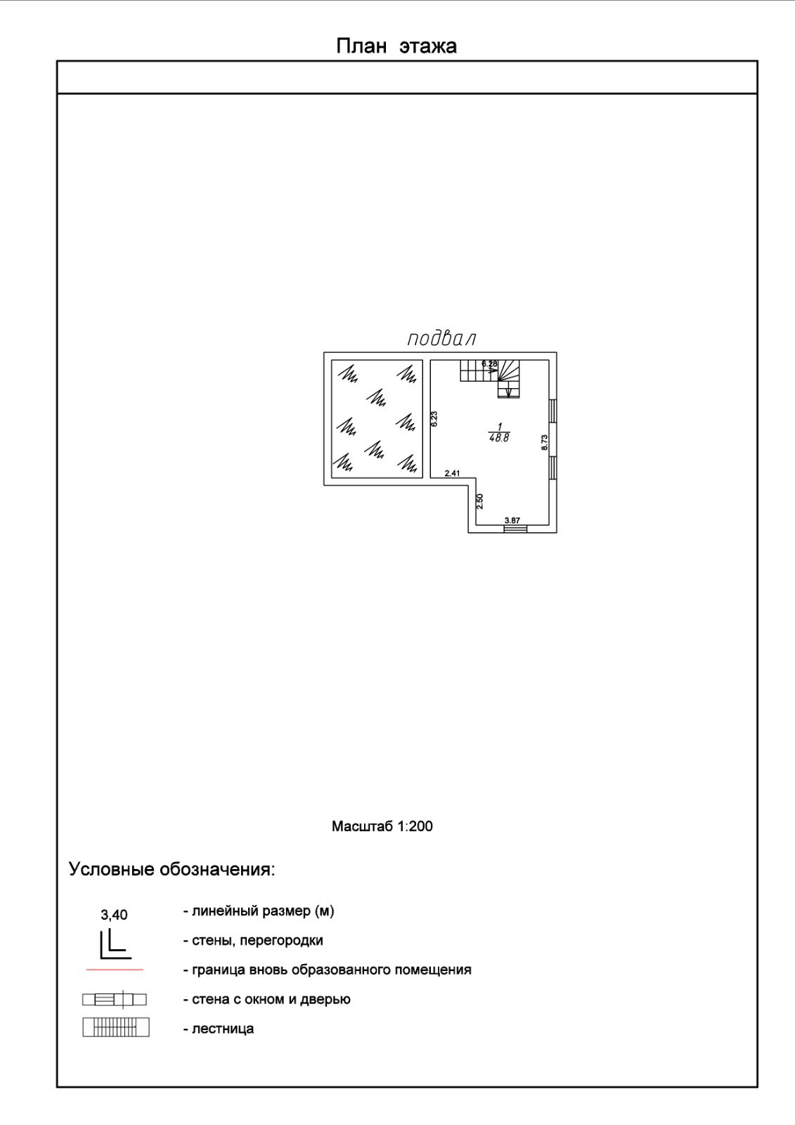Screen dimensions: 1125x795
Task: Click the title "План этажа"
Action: click(396, 46)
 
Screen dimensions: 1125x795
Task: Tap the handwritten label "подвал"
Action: click(441, 338)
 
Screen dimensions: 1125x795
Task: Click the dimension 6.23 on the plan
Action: click(434, 419)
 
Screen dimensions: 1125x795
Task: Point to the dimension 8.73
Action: click(544, 442)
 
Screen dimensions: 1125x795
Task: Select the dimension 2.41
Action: click(452, 473)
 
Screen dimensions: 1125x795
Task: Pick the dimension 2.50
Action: click(480, 501)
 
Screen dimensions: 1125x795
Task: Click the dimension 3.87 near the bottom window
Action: click(512, 520)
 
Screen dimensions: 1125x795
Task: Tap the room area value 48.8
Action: click(499, 438)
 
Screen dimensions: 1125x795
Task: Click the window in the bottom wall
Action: click(515, 529)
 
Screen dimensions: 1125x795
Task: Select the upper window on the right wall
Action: click(553, 411)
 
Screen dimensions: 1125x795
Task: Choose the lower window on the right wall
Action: click(553, 468)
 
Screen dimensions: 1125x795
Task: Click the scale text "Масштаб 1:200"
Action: click(382, 826)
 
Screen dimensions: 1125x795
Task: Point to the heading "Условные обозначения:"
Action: click(172, 869)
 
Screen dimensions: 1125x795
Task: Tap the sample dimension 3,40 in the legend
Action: click(114, 915)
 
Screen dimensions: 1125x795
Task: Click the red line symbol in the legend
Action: click(115, 970)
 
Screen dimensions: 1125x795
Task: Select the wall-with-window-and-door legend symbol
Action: click(115, 999)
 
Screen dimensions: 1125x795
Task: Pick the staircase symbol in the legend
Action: click(116, 1028)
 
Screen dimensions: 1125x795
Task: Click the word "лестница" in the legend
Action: click(223, 1029)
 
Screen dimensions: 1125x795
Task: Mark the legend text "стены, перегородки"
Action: click(257, 940)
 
